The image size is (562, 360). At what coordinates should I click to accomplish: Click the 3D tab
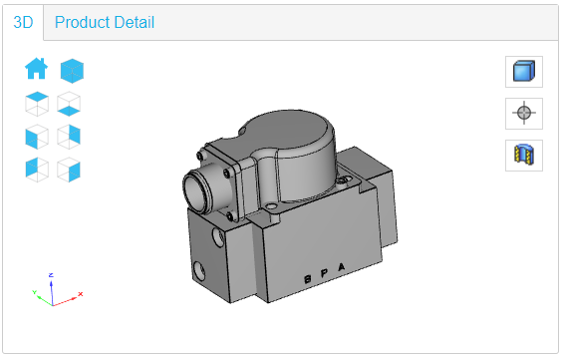(x=23, y=22)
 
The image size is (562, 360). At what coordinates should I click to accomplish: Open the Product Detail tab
(x=105, y=22)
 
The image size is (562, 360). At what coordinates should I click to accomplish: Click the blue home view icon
(x=36, y=69)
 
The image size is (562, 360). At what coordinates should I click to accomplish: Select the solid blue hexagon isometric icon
(x=72, y=70)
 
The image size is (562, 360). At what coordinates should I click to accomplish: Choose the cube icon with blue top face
(x=36, y=102)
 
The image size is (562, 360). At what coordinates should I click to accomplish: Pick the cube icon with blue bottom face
(x=69, y=103)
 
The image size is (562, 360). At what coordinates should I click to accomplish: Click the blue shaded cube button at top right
(x=524, y=71)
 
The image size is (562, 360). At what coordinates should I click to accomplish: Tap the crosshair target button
(x=524, y=113)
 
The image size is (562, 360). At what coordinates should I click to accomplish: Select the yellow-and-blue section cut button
(x=524, y=155)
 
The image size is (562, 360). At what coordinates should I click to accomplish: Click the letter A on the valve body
(x=344, y=267)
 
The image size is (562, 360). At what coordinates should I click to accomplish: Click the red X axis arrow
(x=75, y=295)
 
